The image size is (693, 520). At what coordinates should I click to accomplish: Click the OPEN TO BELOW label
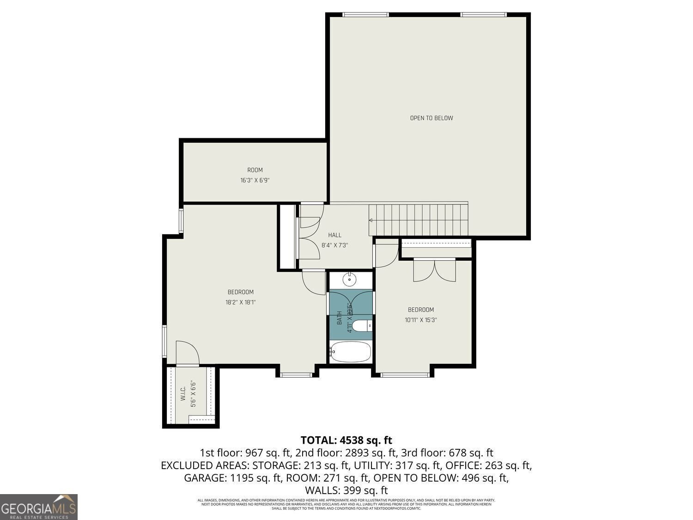[x=431, y=118]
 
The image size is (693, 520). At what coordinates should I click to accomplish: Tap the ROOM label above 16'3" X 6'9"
[x=255, y=170]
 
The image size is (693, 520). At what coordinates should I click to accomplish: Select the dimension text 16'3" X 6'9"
[x=255, y=181]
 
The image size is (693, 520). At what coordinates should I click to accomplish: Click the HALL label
[x=334, y=235]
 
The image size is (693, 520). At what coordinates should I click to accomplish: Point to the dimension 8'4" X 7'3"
[x=334, y=245]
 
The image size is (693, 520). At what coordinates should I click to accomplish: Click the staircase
[x=419, y=220]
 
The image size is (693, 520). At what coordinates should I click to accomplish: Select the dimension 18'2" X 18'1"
[x=240, y=302]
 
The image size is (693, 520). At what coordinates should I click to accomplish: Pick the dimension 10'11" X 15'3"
[x=420, y=319]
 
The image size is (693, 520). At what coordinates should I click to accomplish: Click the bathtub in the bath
[x=351, y=353]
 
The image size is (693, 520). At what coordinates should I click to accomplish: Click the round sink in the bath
[x=350, y=279]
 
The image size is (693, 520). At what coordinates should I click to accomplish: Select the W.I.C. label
[x=183, y=394]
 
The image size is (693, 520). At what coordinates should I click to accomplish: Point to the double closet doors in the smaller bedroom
[x=434, y=271]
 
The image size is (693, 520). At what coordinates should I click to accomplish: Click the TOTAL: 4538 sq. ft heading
[x=346, y=440]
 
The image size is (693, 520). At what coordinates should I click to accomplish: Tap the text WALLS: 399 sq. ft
[x=346, y=490]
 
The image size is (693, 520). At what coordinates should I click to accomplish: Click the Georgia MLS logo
[x=39, y=507]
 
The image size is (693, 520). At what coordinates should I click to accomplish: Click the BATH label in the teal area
[x=340, y=318]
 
